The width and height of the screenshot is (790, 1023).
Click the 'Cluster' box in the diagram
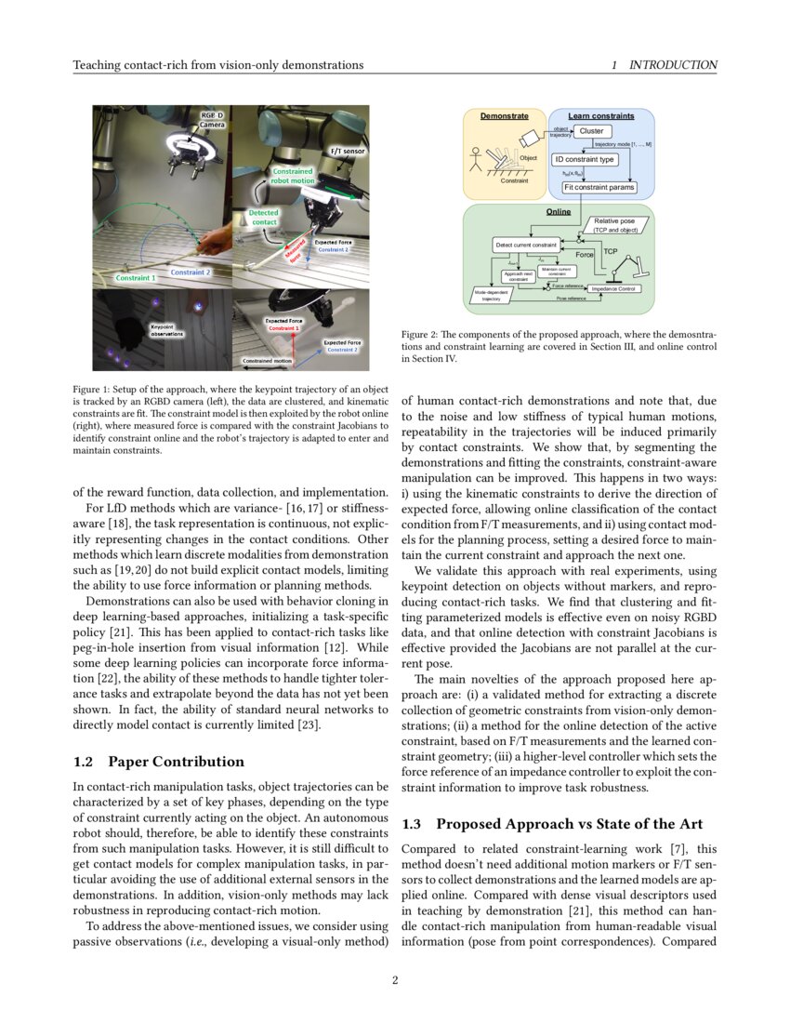pyautogui.click(x=591, y=131)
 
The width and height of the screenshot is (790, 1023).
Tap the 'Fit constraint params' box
pyautogui.click(x=599, y=187)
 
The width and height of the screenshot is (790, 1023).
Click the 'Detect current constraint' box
pyautogui.click(x=525, y=245)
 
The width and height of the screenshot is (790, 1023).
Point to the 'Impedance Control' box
pyautogui.click(x=613, y=289)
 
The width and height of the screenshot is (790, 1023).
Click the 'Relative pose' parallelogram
pyautogui.click(x=619, y=224)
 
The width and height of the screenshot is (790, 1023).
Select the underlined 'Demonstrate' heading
pyautogui.click(x=505, y=116)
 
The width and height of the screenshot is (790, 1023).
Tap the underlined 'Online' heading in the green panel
pyautogui.click(x=559, y=212)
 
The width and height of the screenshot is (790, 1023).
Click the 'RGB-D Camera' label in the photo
pyautogui.click(x=213, y=119)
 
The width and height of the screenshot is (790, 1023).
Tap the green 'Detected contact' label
pyautogui.click(x=264, y=218)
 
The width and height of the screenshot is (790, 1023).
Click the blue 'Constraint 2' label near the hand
pyautogui.click(x=190, y=272)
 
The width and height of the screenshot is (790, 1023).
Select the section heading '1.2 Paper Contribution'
pyautogui.click(x=158, y=762)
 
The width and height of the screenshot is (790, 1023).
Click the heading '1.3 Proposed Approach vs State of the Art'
pyautogui.click(x=559, y=824)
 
